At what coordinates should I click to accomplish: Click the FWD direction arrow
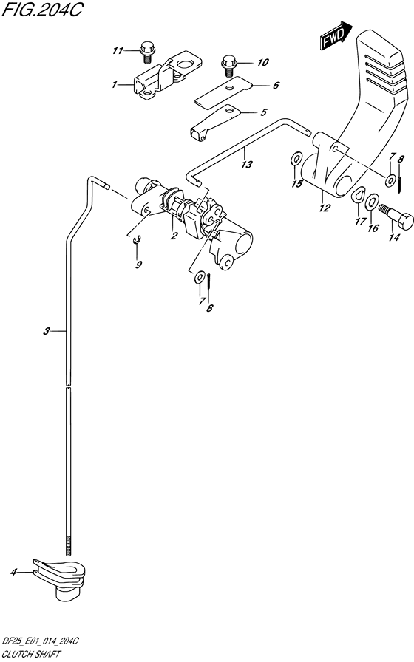click(336, 36)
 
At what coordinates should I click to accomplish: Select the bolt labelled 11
click(146, 52)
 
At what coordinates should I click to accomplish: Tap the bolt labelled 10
click(229, 66)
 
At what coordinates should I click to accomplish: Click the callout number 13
click(246, 164)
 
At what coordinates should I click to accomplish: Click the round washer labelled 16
click(372, 202)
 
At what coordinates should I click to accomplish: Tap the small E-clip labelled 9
click(136, 241)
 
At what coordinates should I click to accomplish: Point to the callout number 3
click(47, 332)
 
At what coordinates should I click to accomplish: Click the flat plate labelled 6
click(223, 91)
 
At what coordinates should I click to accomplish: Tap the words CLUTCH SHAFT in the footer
click(31, 655)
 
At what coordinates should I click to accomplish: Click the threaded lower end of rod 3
click(67, 545)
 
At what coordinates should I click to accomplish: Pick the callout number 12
click(325, 208)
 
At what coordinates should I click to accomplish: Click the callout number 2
click(174, 236)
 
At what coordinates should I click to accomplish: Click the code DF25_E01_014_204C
click(41, 642)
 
